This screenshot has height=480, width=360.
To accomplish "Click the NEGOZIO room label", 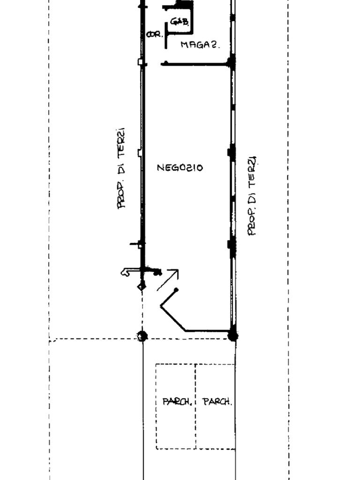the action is pos(180,167).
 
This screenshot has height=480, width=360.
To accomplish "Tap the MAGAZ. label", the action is pos(200,45).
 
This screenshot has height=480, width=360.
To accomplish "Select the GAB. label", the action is pos(180,21).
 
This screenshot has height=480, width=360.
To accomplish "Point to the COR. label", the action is pos(154,34).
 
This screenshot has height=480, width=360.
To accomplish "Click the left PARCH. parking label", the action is pos(177,402).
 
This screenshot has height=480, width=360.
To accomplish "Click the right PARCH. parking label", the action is pos(217,402).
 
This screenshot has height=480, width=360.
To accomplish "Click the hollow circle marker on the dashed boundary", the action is pos(142,336).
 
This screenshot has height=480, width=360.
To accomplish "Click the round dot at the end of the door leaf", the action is pos(176,290).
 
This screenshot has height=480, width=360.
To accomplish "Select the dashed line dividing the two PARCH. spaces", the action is pos(195,406).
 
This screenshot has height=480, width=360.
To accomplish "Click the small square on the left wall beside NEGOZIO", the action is pos(140,153).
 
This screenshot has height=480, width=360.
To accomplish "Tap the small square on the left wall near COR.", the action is pos(140,62).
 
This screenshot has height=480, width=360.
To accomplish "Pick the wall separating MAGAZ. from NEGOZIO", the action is pos(197,63).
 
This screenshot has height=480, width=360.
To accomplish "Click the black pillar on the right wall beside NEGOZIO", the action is pos(231,152).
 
